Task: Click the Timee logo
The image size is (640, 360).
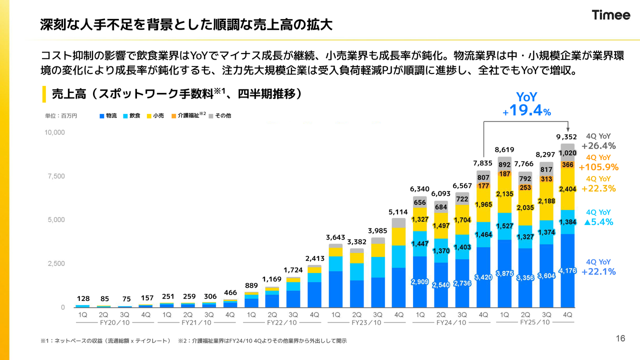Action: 611,15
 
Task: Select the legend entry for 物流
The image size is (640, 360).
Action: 108,116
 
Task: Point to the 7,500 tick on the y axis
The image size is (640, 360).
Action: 55,176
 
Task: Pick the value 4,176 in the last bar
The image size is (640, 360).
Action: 567,271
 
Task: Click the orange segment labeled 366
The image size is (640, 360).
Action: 567,164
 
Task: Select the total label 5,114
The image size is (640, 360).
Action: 398,211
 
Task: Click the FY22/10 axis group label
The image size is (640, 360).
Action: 282,323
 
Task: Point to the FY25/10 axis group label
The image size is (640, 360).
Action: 535,322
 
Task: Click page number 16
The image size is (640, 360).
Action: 620,339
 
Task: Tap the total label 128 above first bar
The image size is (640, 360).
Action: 83,298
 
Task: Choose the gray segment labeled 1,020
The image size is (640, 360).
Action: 567,153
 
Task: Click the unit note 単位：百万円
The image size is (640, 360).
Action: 61,116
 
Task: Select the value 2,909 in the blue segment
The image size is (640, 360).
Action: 420,282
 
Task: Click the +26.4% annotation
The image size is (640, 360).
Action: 598,146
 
